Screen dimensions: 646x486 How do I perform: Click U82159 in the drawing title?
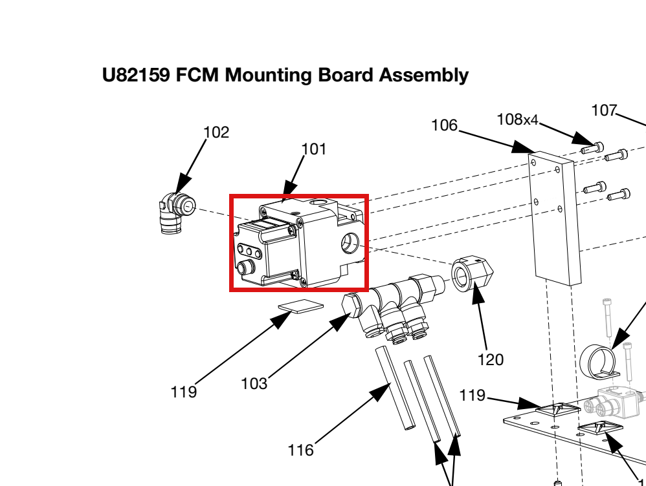point(136,75)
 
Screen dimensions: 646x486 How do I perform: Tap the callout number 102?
point(216,132)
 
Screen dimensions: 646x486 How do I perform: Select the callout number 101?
point(314,149)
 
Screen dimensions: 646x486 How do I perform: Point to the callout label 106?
point(444,125)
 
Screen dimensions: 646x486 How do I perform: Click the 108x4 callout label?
point(517,120)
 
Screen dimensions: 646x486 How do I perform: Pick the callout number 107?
point(604,111)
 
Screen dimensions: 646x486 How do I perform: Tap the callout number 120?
point(490,360)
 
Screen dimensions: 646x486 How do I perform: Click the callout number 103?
point(254,383)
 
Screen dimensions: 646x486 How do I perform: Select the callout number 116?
point(301,450)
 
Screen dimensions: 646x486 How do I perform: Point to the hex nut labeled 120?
point(472,273)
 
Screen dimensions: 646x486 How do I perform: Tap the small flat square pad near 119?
point(301,306)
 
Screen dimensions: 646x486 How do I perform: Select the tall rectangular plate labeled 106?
point(555,218)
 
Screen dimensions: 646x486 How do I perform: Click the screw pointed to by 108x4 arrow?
point(593,148)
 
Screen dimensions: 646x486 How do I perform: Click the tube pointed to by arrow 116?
point(395,388)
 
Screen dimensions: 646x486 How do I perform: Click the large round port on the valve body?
point(350,242)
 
